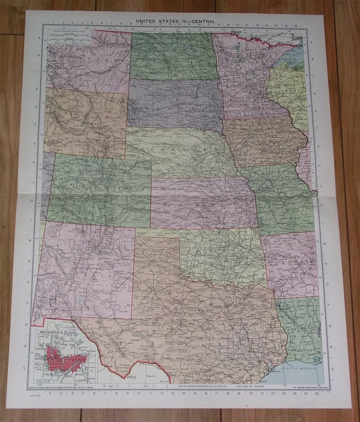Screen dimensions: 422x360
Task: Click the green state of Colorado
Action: point(99,191)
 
